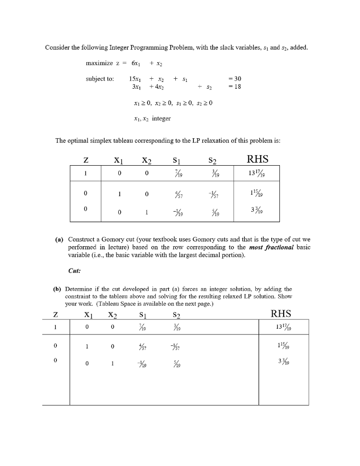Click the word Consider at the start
point(56,48)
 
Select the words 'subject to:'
point(100,78)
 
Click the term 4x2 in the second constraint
point(158,86)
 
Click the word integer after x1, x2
point(161,118)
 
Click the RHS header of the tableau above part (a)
point(257,159)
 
